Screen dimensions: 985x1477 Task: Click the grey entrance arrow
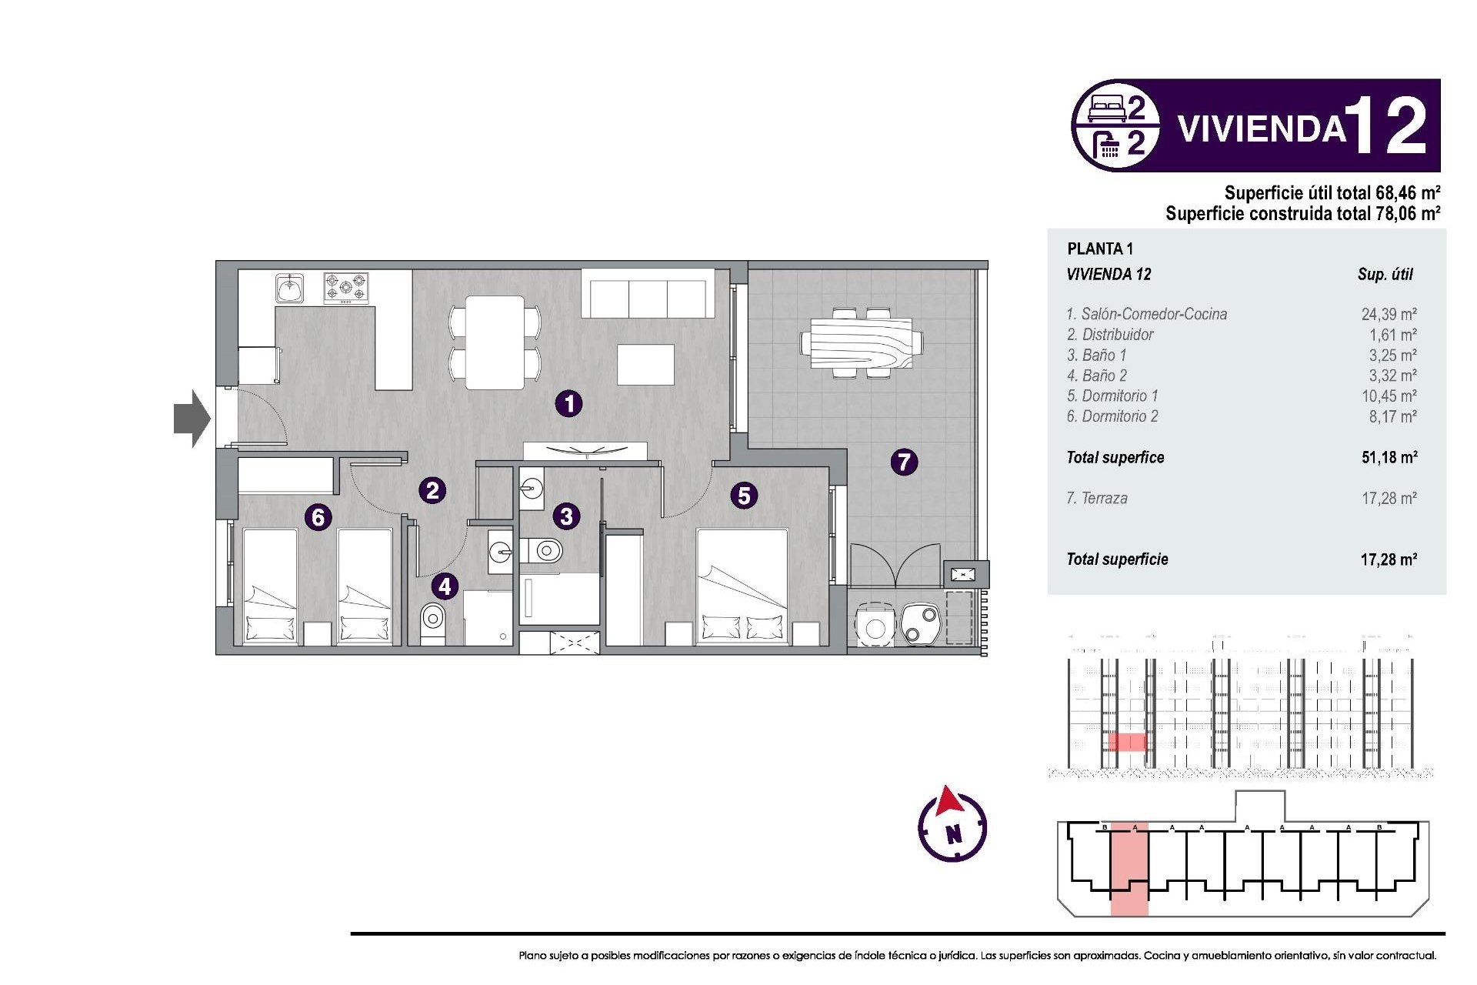pos(192,419)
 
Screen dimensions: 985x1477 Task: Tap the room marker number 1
pos(568,403)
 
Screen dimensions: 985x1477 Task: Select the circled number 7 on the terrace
pos(904,462)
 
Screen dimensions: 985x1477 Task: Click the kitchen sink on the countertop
pos(289,289)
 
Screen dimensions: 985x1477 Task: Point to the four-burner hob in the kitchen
pos(346,288)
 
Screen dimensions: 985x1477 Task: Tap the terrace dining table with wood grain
pos(861,343)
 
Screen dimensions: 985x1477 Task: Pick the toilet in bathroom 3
pos(545,550)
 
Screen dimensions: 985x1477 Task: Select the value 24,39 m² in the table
pos(1389,314)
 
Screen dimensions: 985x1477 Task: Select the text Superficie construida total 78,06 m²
pos(1302,213)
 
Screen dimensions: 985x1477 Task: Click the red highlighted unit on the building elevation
pos(1127,742)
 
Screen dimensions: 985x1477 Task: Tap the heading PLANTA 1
pos(1099,249)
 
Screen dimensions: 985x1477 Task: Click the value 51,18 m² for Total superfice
pos(1389,457)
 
